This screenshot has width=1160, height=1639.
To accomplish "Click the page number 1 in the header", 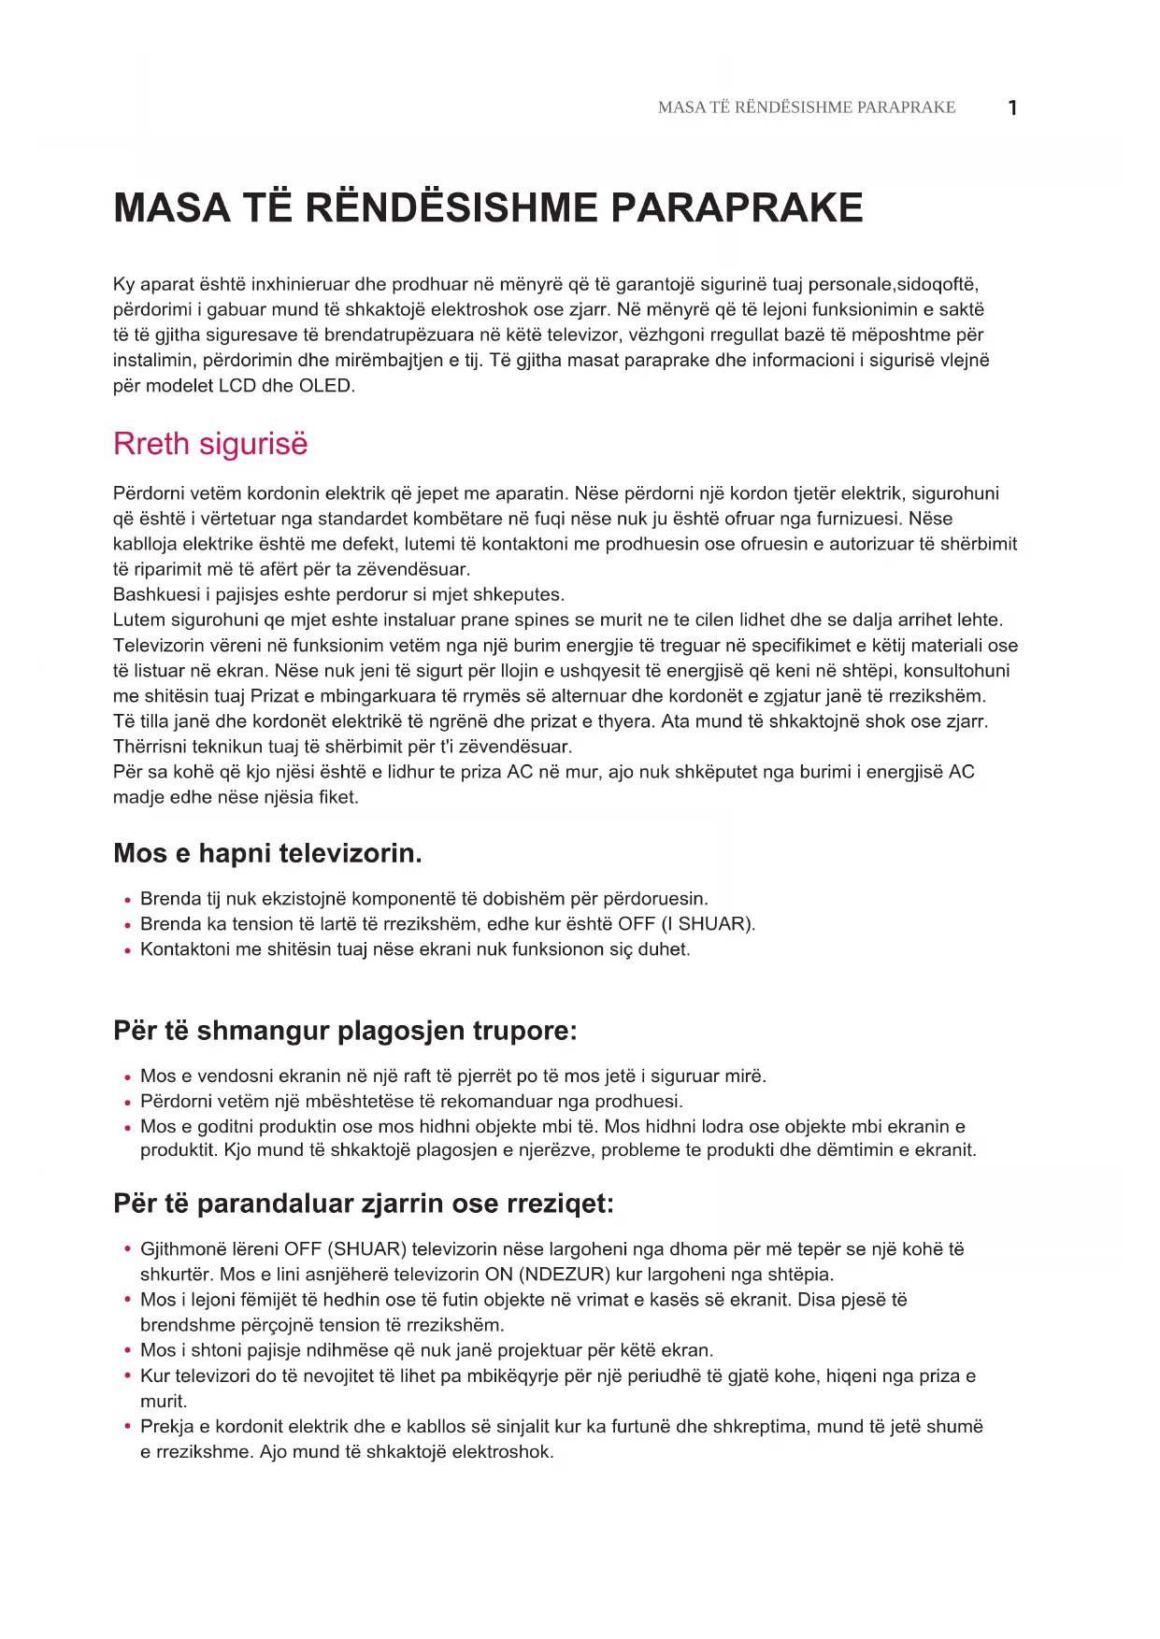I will click(x=1012, y=107).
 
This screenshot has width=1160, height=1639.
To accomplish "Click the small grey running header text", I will click(x=806, y=107).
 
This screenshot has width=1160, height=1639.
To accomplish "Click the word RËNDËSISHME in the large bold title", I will click(x=451, y=207).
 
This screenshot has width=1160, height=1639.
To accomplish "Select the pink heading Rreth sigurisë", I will click(x=210, y=443).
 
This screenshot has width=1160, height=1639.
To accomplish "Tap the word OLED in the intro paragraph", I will click(x=325, y=385).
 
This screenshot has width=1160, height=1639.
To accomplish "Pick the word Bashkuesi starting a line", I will click(x=154, y=594).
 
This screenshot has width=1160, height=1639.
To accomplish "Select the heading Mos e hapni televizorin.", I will click(x=267, y=852).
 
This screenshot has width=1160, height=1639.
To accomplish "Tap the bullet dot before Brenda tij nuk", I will click(x=127, y=900).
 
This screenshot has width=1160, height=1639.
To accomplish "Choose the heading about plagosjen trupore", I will click(x=345, y=1030).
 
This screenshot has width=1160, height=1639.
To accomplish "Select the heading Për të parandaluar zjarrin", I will click(x=364, y=1203).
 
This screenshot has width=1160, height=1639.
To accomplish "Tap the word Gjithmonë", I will click(x=181, y=1248).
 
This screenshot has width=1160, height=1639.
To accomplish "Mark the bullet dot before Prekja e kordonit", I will click(x=127, y=1427).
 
